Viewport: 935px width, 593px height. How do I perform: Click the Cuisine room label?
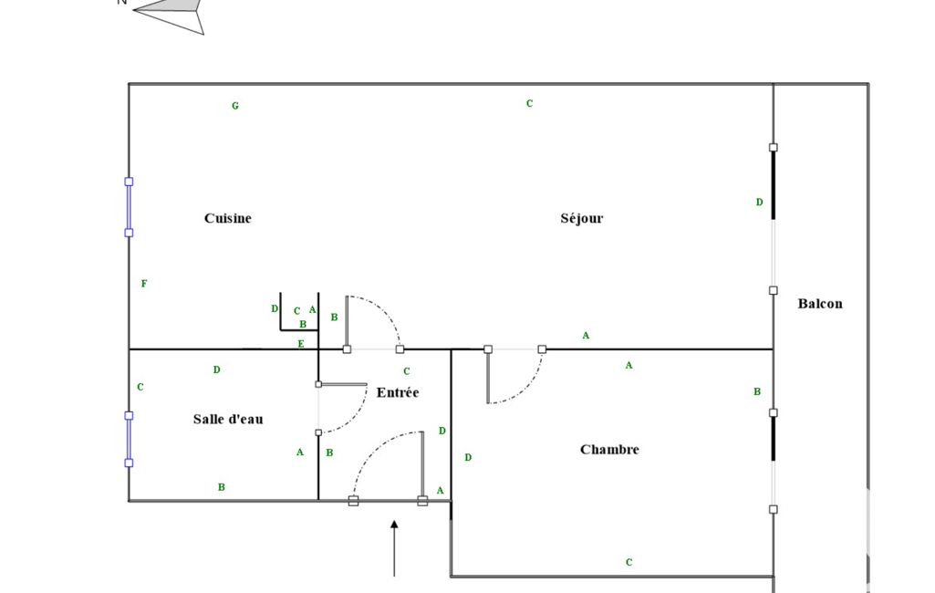pos(228,218)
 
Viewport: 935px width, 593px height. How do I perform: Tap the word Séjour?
pos(581,218)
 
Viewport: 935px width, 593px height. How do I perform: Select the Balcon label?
pos(820,304)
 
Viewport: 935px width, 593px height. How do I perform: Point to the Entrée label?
pos(398,392)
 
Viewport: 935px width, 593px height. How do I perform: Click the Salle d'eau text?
pos(228,419)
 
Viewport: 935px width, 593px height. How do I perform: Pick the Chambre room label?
pos(609,449)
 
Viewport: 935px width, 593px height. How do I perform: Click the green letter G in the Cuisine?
pos(235,106)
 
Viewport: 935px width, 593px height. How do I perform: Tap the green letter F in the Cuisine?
pos(144,284)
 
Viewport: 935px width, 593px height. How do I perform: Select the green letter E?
pos(301,344)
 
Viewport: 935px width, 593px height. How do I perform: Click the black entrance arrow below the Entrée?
pos(394,548)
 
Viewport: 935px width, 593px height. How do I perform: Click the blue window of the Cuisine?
pos(129,207)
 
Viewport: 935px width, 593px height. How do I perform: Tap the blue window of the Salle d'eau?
pos(129,439)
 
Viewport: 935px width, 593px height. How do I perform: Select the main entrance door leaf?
pos(422,466)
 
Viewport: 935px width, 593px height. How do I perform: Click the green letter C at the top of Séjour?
pos(529,104)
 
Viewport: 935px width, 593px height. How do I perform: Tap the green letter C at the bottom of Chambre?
pos(629,562)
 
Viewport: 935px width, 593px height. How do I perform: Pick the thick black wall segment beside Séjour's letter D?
pos(774,183)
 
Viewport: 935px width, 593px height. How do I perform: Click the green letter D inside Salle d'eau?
pos(216,369)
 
